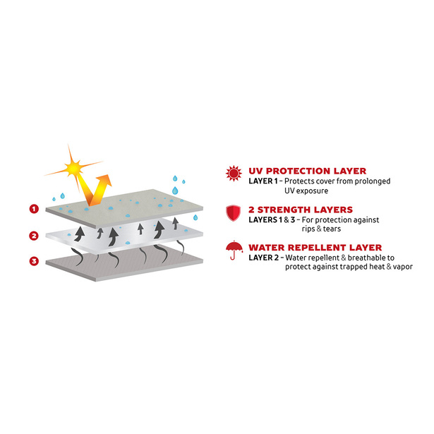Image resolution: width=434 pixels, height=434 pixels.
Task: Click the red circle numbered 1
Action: pos(34,209)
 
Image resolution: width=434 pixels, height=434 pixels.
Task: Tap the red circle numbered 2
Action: pos(34,236)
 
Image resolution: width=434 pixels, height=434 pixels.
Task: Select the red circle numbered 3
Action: pos(34,261)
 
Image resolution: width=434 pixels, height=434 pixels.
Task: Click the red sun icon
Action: pos(234,174)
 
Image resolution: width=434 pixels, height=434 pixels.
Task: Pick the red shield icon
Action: pos(234,213)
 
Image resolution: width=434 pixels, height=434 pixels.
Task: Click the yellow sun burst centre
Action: pos(73,168)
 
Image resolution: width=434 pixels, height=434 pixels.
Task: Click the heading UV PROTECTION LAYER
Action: pos(307,171)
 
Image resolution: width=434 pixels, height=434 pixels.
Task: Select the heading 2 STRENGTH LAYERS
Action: pos(301,210)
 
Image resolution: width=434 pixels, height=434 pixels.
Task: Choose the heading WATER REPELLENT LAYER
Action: pos(315,247)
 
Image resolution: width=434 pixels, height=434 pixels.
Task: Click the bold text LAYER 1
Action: pos(263,181)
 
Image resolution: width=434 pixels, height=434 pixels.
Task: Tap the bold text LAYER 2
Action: pos(263,258)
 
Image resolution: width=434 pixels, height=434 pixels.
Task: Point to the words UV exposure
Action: pos(306,191)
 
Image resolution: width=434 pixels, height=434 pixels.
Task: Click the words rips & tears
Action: pos(321,229)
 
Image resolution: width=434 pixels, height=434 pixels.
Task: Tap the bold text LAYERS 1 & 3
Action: pos(272,219)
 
